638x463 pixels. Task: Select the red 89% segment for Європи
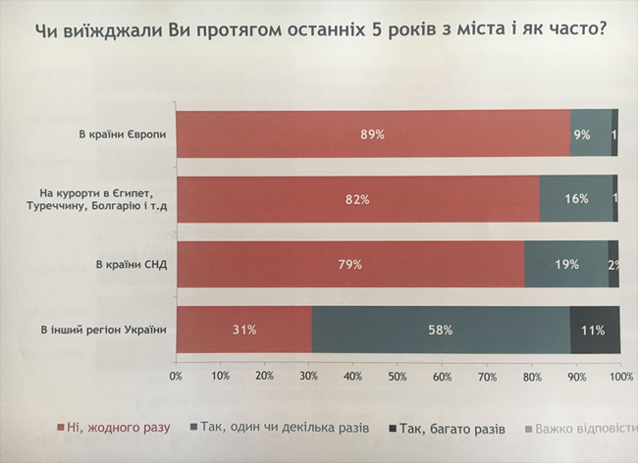tap(373, 134)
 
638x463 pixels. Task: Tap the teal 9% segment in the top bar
tap(592, 134)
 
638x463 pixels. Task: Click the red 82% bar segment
tap(358, 199)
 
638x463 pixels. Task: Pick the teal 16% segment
tap(576, 199)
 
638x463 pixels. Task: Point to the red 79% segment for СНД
tap(350, 264)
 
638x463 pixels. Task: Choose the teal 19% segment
tap(566, 264)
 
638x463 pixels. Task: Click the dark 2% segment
tap(613, 264)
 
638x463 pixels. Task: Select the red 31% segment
tap(244, 330)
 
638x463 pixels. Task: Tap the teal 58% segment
tap(441, 330)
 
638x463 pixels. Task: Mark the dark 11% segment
tap(595, 330)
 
